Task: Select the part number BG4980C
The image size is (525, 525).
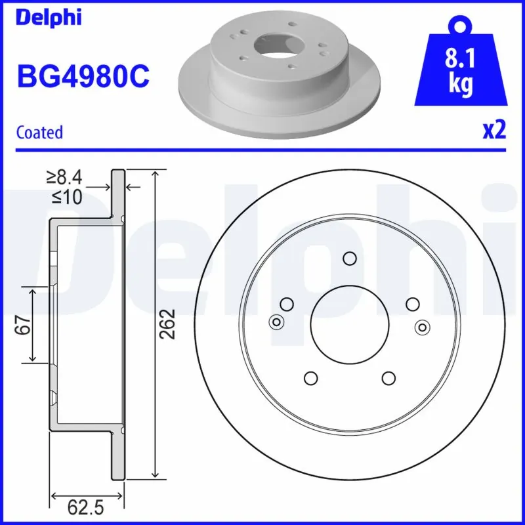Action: tap(83, 77)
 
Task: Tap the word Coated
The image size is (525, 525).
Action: tap(39, 132)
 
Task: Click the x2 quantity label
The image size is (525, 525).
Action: tap(494, 130)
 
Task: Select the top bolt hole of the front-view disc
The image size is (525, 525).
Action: tap(349, 259)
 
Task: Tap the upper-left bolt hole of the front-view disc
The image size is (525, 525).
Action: tap(286, 304)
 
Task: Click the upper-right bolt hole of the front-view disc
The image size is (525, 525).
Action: tap(412, 304)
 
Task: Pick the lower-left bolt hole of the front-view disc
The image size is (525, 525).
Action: tap(310, 378)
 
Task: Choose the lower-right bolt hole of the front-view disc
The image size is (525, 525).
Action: tap(388, 378)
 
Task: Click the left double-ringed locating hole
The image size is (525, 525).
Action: tap(276, 322)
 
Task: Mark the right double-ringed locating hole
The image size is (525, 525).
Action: tap(423, 327)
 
